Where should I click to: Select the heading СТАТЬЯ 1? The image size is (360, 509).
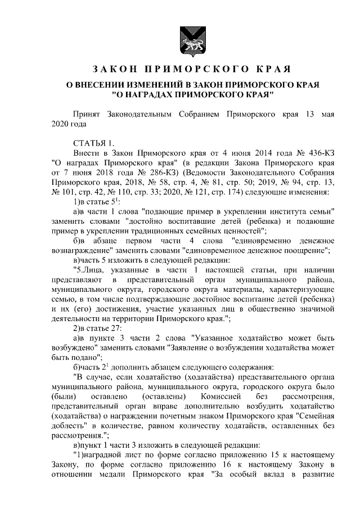pos(94,142)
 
